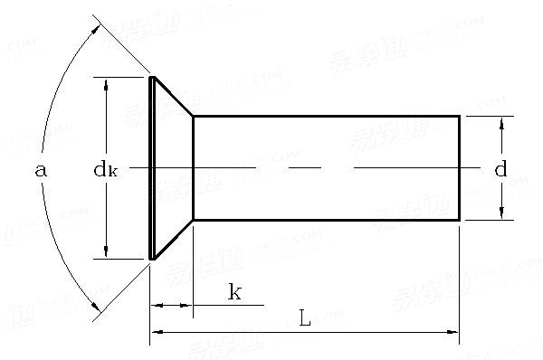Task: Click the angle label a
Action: (39, 169)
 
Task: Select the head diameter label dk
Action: (106, 169)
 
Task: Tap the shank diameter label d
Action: (500, 169)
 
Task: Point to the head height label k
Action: (233, 291)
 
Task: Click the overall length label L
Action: (304, 318)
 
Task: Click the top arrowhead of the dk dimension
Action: (108, 84)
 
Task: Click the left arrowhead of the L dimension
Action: (157, 333)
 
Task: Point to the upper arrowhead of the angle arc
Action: (96, 26)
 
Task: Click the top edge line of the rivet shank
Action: (326, 116)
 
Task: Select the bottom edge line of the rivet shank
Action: (326, 220)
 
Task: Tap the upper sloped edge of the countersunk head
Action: (173, 97)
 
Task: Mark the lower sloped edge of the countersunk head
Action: (173, 240)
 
